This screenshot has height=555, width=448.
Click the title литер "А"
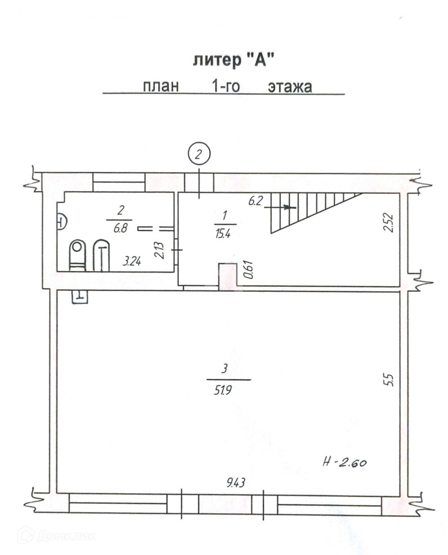tap(233, 60)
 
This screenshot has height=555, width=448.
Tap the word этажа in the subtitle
tap(290, 87)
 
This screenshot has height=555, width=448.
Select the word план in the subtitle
tap(161, 87)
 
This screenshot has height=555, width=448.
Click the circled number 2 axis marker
tap(199, 154)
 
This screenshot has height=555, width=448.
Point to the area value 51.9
tap(223, 391)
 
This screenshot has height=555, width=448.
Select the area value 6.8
tap(120, 229)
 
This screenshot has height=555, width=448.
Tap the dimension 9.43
tap(236, 482)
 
